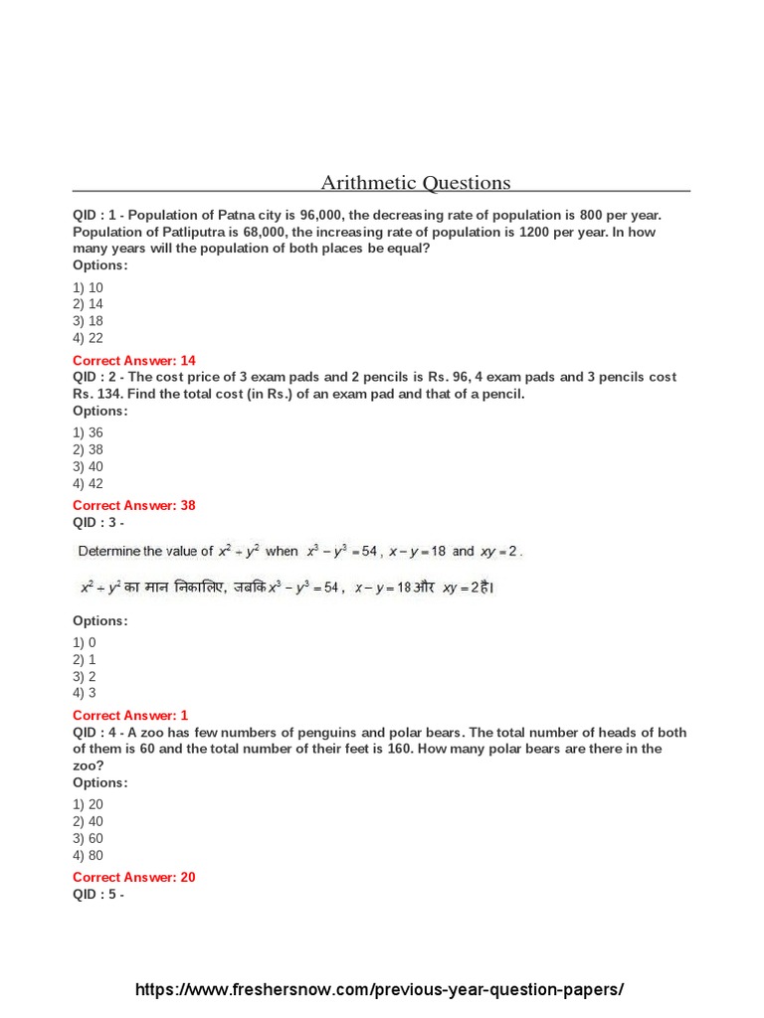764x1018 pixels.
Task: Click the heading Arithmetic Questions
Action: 415,183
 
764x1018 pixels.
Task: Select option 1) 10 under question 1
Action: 88,287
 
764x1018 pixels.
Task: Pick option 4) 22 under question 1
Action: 88,338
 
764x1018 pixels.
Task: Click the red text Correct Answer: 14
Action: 134,360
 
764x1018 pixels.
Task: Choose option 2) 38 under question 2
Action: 88,449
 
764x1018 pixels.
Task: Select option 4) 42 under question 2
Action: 88,483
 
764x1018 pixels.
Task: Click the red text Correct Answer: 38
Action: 134,505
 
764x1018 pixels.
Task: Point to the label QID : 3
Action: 95,522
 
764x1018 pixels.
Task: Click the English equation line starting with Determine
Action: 299,551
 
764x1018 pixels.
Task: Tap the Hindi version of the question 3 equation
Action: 286,588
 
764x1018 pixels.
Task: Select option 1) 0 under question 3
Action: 85,642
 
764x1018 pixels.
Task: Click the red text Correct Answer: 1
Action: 130,715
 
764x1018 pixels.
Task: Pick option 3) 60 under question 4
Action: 88,838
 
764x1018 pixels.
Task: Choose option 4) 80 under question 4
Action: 88,855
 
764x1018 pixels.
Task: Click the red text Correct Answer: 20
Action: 134,877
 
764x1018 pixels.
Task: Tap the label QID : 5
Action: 95,894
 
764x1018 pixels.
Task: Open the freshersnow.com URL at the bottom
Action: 380,990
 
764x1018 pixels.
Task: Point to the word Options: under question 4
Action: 100,782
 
